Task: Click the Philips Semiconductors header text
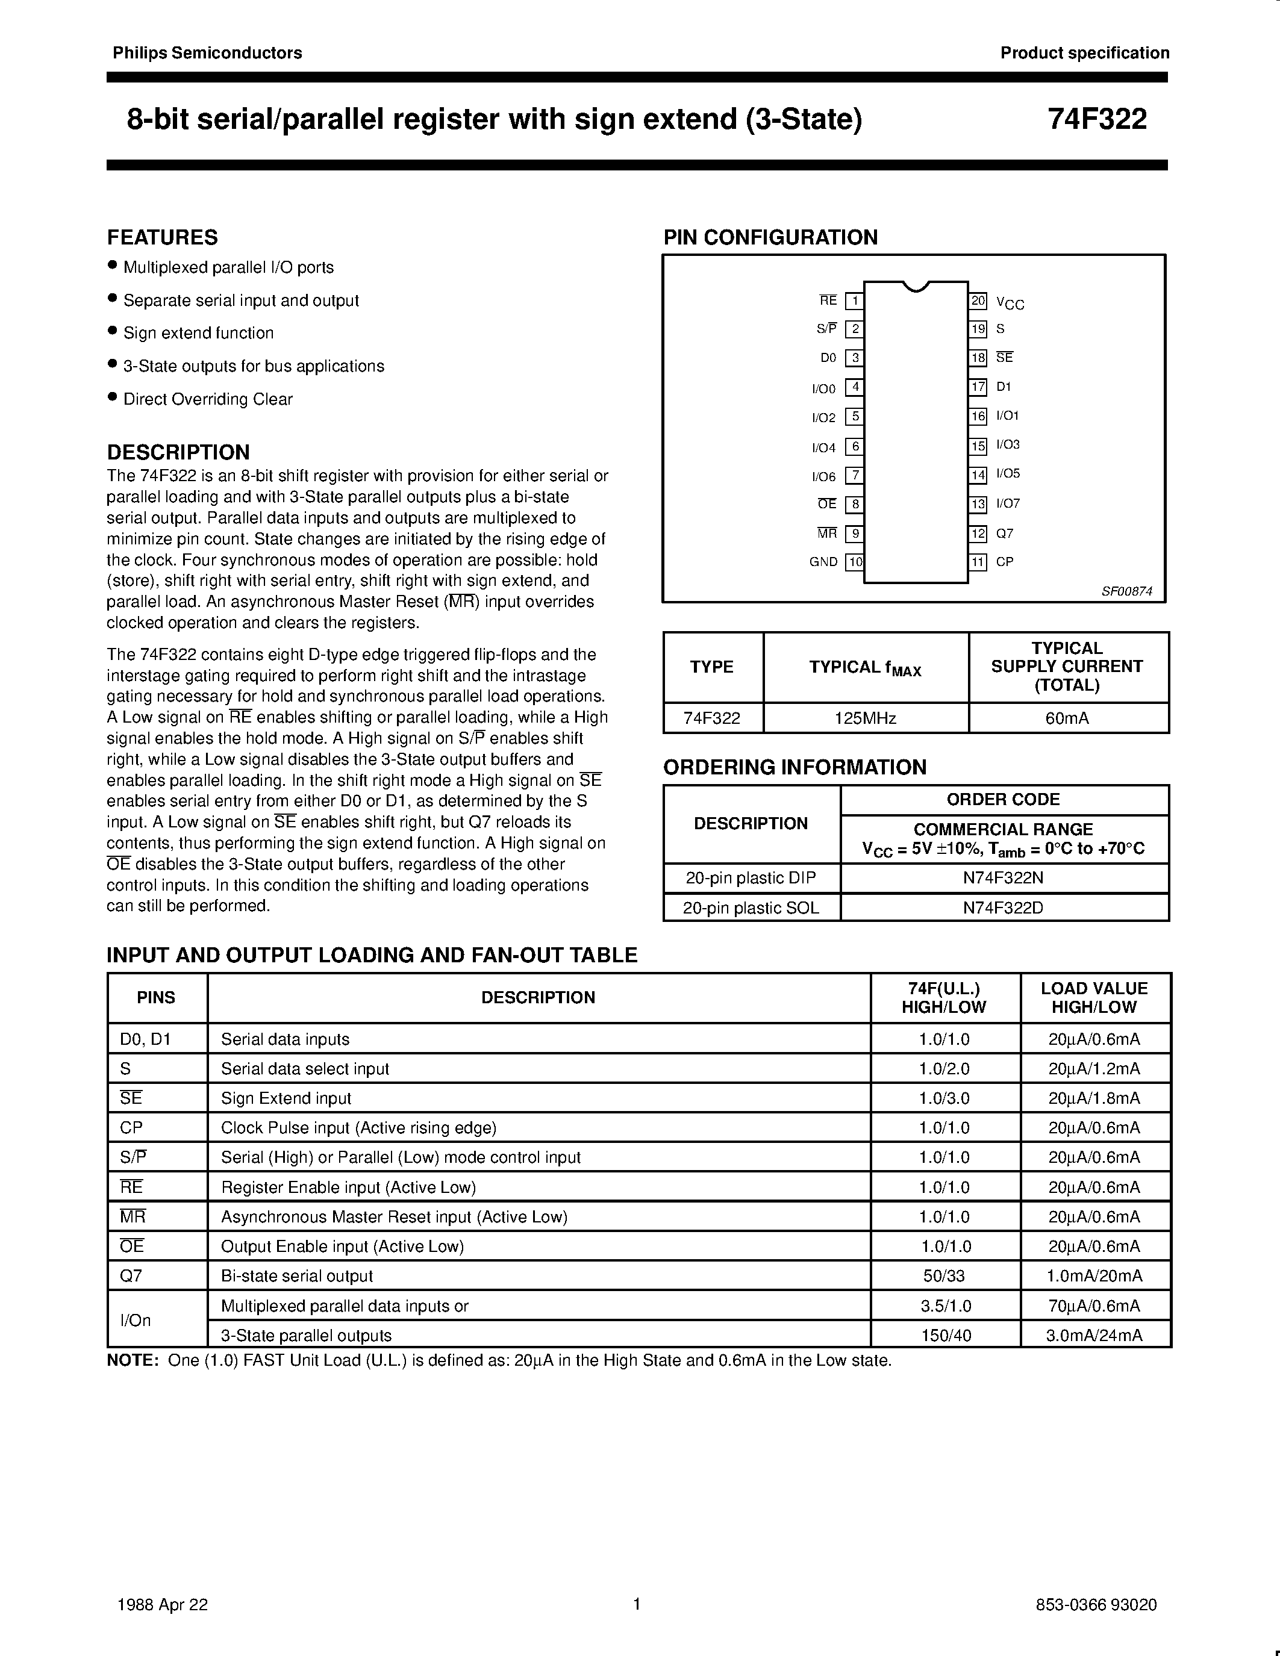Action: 207,53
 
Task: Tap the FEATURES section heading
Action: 162,237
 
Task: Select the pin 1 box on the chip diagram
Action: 855,301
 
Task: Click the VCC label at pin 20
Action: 1010,303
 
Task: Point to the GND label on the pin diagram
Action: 823,562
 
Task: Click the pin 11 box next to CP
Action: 978,562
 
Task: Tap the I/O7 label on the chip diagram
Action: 1008,503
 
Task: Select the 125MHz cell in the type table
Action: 865,718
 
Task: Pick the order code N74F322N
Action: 1004,878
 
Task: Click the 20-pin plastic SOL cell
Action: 751,907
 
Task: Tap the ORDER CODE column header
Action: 1004,799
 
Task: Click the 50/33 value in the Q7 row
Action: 944,1275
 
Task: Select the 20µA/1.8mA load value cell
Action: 1094,1098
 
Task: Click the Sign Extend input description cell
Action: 286,1098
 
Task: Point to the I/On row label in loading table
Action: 136,1320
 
